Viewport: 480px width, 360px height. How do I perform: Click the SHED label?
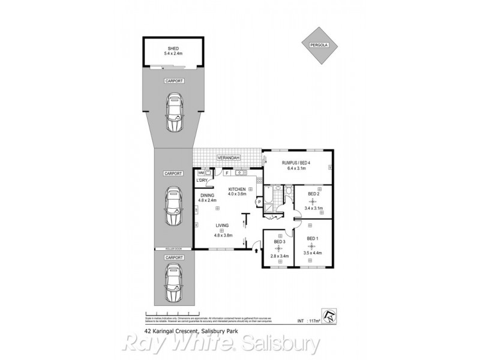point(173,49)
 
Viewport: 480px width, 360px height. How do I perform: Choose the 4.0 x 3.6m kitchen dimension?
point(237,194)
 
